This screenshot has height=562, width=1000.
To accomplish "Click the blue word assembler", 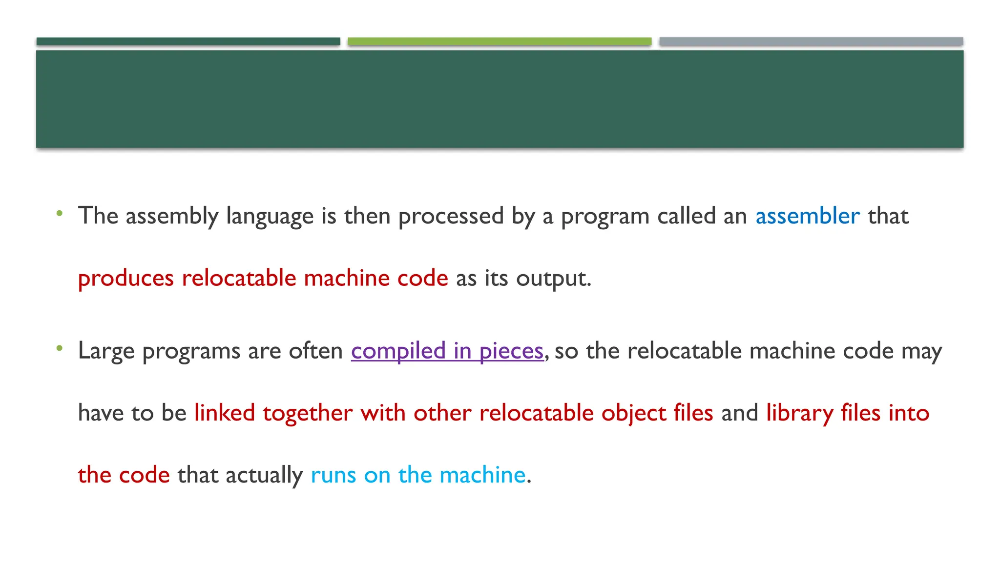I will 807,216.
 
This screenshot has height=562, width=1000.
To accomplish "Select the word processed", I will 451,216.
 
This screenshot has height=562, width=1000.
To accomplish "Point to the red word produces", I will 126,279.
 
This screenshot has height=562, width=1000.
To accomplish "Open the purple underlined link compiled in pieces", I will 447,351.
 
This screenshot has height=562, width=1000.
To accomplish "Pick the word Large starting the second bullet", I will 106,351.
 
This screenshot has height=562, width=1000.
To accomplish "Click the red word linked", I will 225,413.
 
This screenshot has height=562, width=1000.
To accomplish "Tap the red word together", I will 308,413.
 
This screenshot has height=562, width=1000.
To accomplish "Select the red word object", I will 633,413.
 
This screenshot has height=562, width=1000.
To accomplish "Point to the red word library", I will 799,413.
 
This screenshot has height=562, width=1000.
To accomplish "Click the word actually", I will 264,475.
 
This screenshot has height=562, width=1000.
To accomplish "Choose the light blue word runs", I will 333,475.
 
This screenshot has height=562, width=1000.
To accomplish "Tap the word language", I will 270,216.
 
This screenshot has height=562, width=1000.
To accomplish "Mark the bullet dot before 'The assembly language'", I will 60,213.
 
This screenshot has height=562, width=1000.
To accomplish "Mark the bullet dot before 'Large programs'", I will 60,348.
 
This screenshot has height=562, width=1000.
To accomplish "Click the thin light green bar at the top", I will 500,41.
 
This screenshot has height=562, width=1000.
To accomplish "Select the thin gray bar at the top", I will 811,41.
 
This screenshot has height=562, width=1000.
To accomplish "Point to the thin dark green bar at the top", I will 188,41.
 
